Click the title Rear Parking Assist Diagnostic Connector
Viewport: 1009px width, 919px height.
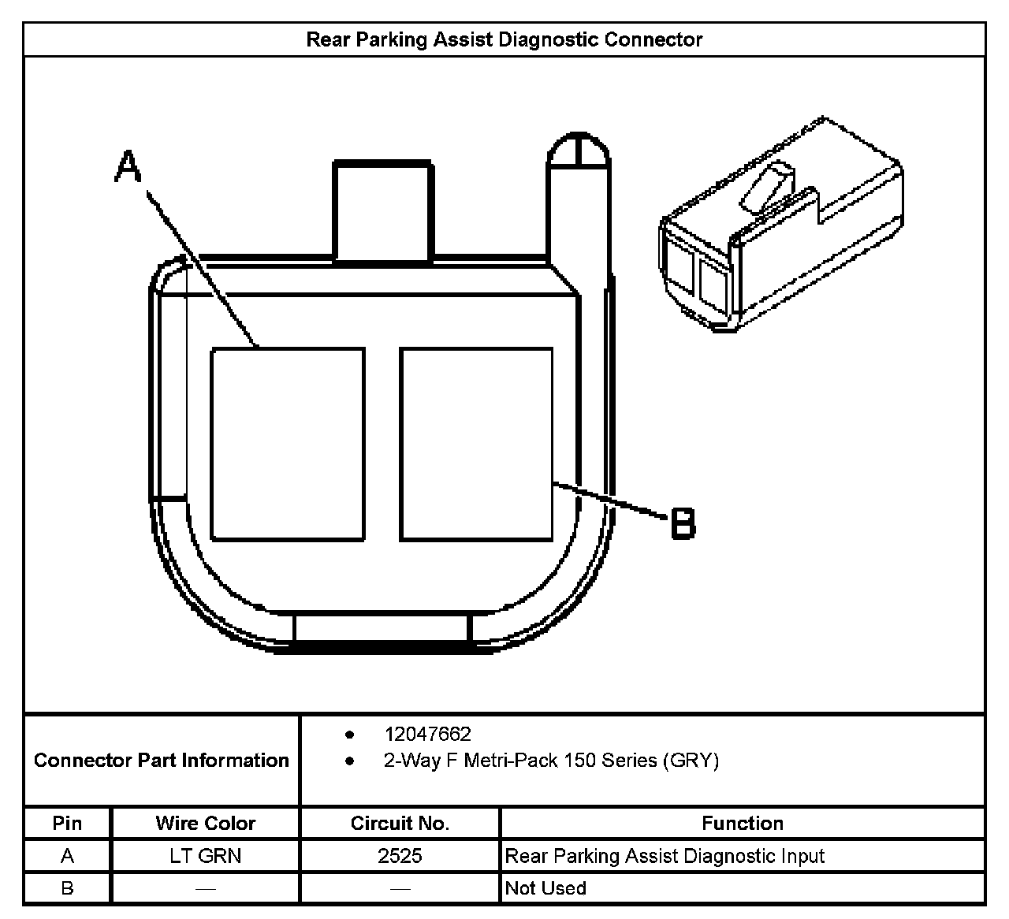click(504, 40)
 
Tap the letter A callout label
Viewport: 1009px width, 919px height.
click(128, 166)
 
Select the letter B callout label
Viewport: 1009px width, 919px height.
click(683, 523)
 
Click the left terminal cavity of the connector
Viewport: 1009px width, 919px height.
click(288, 445)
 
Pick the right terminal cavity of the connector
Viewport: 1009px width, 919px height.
click(476, 445)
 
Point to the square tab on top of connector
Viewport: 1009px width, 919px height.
click(383, 210)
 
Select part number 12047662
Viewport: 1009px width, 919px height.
click(427, 735)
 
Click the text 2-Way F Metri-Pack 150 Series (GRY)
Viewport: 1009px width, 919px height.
click(551, 761)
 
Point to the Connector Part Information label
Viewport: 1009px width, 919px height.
click(162, 761)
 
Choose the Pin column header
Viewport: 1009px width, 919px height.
click(67, 824)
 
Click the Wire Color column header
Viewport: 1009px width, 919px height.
click(206, 824)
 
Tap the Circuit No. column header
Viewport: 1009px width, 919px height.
click(400, 824)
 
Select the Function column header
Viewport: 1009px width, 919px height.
click(743, 824)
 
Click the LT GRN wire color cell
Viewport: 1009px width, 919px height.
click(206, 856)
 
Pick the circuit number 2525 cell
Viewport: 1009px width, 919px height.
click(400, 856)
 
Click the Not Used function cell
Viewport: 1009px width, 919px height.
click(545, 888)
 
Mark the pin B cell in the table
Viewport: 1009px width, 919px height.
click(67, 888)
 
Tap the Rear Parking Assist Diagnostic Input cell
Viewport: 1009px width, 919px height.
click(665, 856)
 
